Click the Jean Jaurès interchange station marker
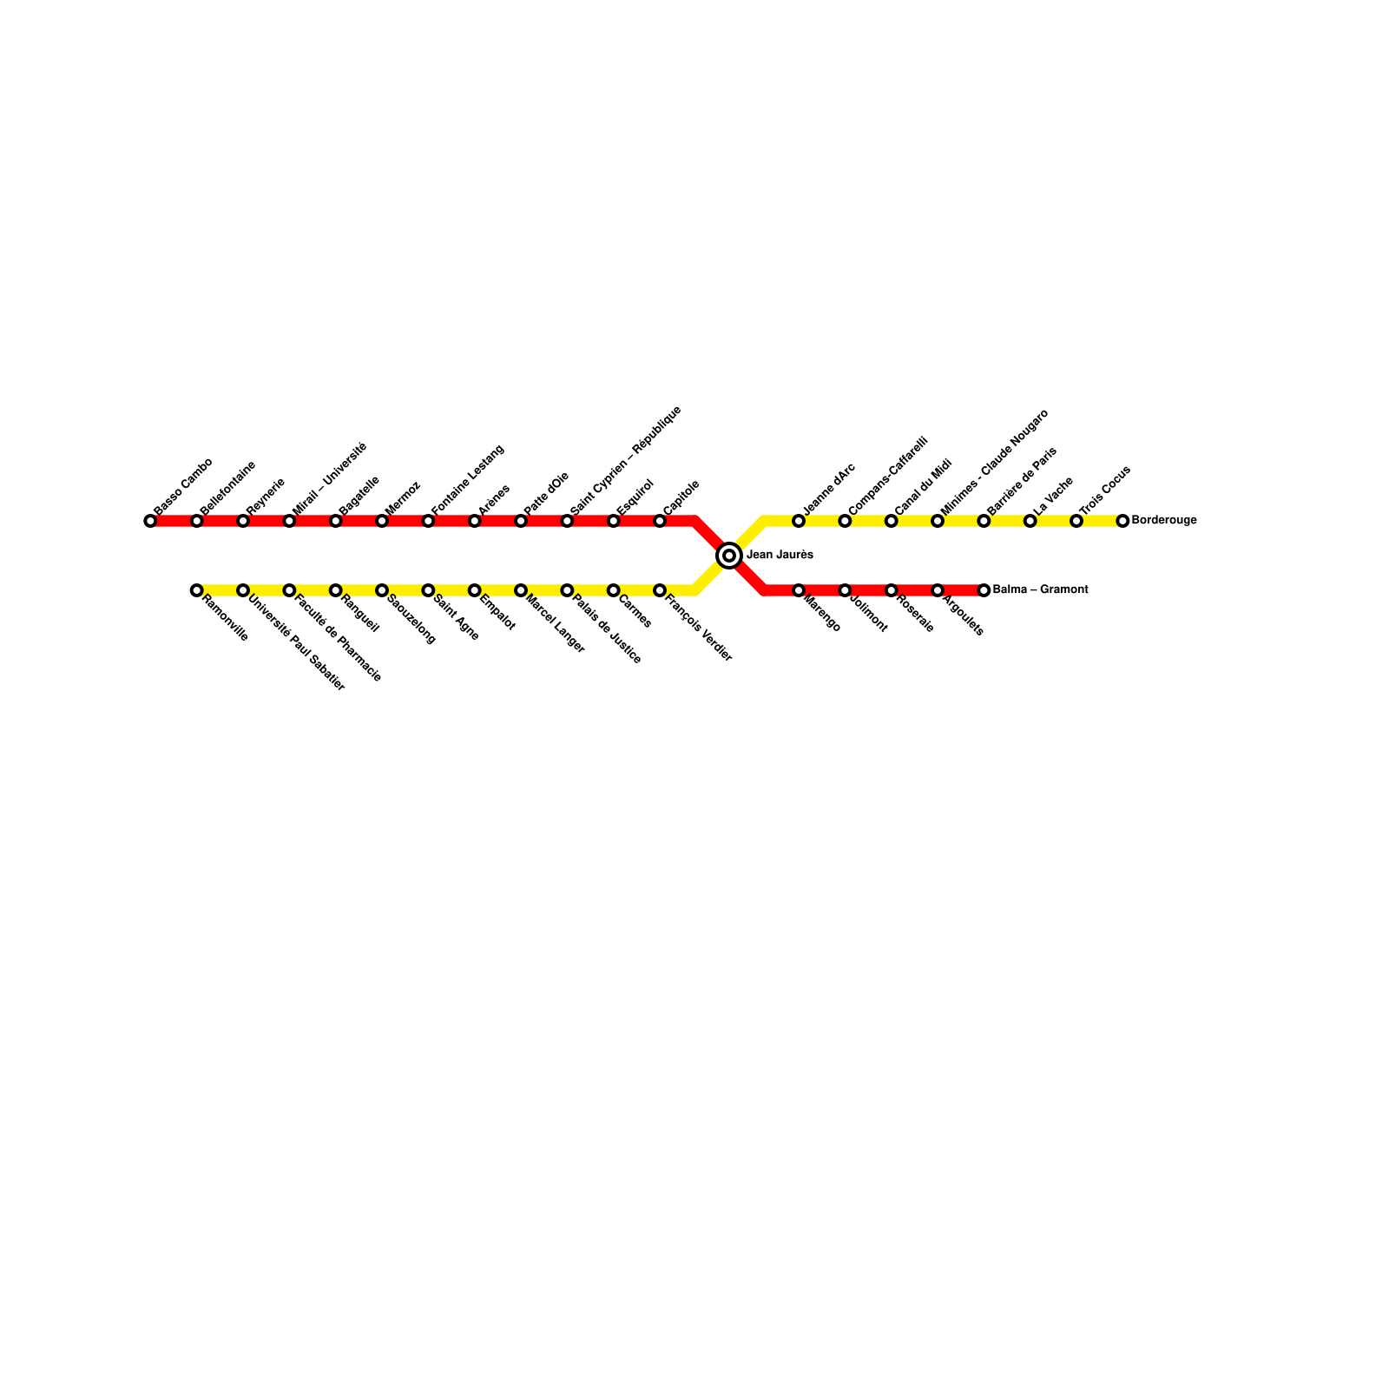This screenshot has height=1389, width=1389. tap(729, 555)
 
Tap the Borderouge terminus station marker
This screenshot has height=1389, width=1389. tap(1122, 521)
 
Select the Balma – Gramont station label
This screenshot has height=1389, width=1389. tap(1040, 590)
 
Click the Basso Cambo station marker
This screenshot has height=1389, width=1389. tap(150, 521)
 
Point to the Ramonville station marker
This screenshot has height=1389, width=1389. tap(196, 590)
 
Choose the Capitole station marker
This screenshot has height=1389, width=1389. tap(660, 521)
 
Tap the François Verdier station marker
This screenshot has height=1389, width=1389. tap(660, 590)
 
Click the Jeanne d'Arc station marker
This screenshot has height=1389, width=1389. tap(799, 521)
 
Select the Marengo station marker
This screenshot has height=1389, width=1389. tap(799, 590)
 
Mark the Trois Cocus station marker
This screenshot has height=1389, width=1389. tap(1076, 521)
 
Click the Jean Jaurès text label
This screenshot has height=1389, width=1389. tap(780, 555)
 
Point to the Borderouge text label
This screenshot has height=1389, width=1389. tap(1164, 521)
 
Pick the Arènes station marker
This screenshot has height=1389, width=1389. tap(474, 521)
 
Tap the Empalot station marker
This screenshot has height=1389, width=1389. tap(474, 590)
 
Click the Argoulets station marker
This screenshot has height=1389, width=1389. tap(938, 590)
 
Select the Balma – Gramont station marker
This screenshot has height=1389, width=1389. tap(984, 590)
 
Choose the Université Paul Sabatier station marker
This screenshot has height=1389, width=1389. tap(243, 590)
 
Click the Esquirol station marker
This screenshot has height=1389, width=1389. tap(613, 521)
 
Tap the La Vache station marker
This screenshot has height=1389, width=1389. tap(1030, 521)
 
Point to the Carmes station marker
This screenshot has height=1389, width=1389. tap(613, 590)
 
